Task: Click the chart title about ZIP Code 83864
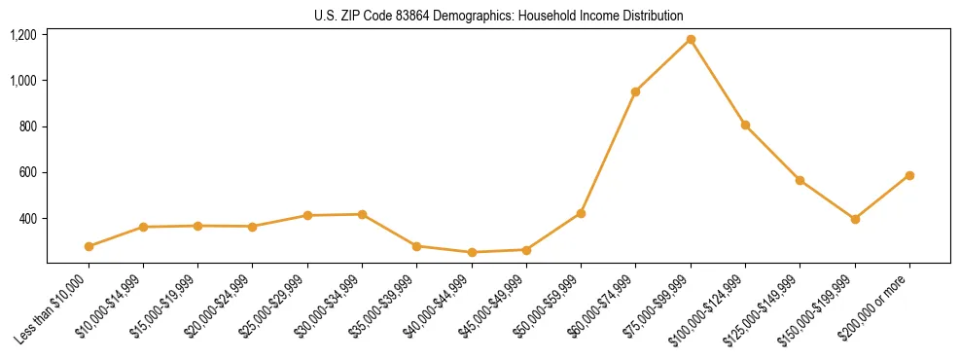click(499, 16)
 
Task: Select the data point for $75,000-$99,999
click(691, 40)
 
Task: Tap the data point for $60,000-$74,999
click(635, 91)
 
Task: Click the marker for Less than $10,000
click(89, 246)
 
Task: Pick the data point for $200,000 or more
click(909, 175)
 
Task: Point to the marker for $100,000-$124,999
click(745, 125)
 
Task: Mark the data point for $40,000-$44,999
click(472, 252)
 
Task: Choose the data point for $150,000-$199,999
click(855, 219)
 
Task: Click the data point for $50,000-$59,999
click(581, 213)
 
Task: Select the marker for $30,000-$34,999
click(362, 214)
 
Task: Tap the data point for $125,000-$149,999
click(800, 180)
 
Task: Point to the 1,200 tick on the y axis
click(23, 35)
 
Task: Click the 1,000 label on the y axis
click(23, 81)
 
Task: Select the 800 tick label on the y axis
click(27, 126)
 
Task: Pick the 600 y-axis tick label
click(27, 172)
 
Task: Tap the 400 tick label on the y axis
click(27, 218)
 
